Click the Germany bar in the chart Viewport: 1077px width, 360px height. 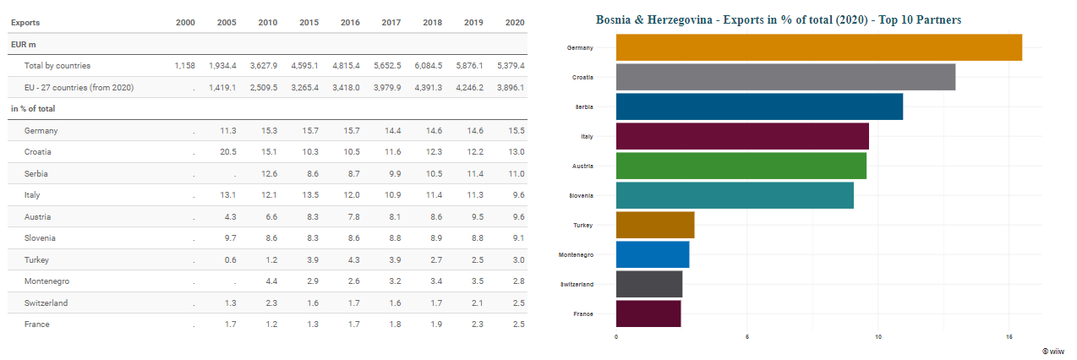click(818, 47)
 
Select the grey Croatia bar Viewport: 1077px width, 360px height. click(785, 77)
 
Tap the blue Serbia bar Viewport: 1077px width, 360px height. click(759, 106)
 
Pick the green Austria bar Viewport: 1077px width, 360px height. click(741, 166)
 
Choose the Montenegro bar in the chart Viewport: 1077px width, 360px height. click(653, 254)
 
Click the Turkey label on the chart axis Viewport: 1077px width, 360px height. click(582, 226)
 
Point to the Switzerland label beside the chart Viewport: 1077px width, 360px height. click(577, 285)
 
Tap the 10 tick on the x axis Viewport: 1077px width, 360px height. click(878, 337)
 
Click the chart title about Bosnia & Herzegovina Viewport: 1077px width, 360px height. click(778, 19)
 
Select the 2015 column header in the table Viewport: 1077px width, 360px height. click(309, 23)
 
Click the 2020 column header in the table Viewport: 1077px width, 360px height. click(514, 23)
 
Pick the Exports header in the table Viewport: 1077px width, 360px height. click(25, 23)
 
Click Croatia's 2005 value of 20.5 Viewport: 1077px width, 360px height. click(227, 152)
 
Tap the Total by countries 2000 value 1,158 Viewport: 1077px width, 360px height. click(185, 66)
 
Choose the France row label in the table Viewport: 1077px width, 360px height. click(36, 325)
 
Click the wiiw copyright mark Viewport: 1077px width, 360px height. click(1053, 351)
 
